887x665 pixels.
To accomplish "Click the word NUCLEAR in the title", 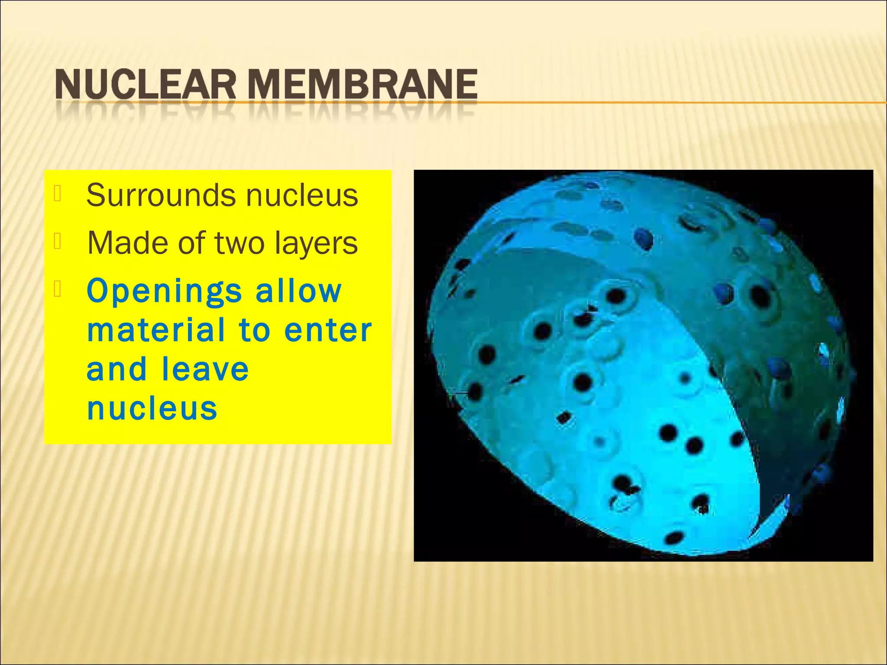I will tap(146, 85).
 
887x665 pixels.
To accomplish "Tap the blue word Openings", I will tap(164, 292).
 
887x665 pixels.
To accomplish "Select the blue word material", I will tap(156, 330).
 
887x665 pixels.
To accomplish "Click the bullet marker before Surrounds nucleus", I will tap(58, 194).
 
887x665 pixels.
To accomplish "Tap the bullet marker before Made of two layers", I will tap(58, 241).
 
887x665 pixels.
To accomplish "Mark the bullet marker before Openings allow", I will tap(58, 289).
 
